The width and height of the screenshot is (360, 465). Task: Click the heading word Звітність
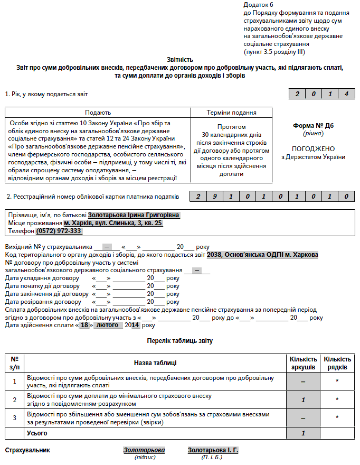[180, 60]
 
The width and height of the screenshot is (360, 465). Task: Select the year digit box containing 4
[346, 94]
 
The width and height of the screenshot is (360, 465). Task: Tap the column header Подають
[98, 113]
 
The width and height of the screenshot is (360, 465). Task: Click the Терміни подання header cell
[231, 113]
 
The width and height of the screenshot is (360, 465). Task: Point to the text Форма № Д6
[313, 126]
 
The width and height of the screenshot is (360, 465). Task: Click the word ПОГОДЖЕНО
[313, 148]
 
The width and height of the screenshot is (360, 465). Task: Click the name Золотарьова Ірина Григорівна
[134, 215]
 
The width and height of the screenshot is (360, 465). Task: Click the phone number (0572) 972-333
[59, 231]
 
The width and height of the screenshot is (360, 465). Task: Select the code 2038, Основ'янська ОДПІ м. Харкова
[262, 254]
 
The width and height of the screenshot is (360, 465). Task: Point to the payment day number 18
[84, 325]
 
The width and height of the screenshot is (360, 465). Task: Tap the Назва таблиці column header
[155, 363]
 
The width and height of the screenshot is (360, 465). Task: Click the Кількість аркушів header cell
[304, 363]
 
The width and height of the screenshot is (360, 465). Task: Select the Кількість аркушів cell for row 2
[304, 399]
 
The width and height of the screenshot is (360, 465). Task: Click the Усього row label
[37, 433]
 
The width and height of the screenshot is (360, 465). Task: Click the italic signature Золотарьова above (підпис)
[144, 450]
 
